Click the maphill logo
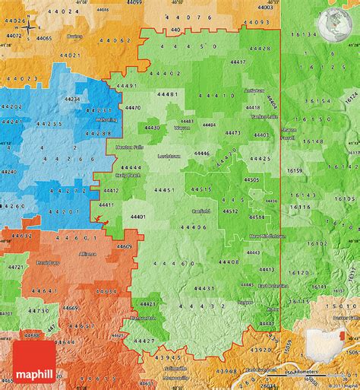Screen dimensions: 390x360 pyautogui.click(x=36, y=373)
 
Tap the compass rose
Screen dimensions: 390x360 pyautogui.click(x=29, y=29)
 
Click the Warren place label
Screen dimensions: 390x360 pyautogui.click(x=182, y=128)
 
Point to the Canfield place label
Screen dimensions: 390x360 pyautogui.click(x=201, y=211)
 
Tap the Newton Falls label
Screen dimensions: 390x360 pyautogui.click(x=128, y=146)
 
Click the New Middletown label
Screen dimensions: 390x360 pyautogui.click(x=268, y=237)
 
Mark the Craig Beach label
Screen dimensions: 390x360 pyautogui.click(x=128, y=175)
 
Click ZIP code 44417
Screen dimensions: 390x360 pyautogui.click(x=237, y=61)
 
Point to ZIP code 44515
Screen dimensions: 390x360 pyautogui.click(x=202, y=189)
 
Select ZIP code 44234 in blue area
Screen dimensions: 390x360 pyautogui.click(x=72, y=100)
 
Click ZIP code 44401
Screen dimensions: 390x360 pyautogui.click(x=138, y=217)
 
